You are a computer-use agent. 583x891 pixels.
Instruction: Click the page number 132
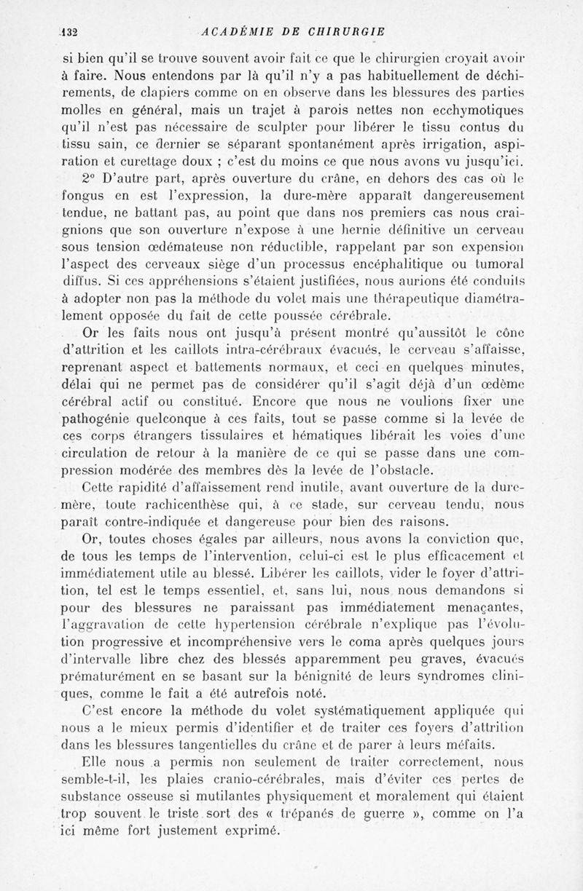(70, 31)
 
